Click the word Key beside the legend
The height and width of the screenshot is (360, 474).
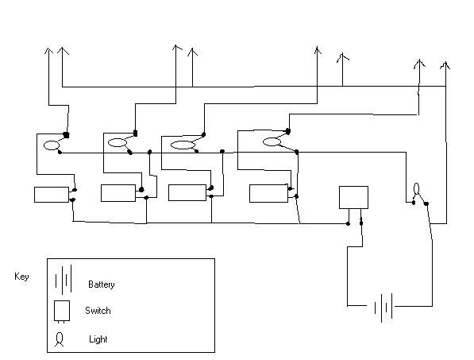pyautogui.click(x=21, y=277)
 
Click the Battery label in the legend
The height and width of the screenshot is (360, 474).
pyautogui.click(x=102, y=285)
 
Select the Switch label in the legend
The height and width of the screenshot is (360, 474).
pyautogui.click(x=98, y=311)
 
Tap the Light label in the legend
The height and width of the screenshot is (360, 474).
pyautogui.click(x=98, y=339)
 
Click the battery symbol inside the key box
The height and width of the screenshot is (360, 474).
pyautogui.click(x=64, y=280)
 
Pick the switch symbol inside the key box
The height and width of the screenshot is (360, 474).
pyautogui.click(x=62, y=312)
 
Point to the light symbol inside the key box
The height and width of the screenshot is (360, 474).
pyautogui.click(x=60, y=339)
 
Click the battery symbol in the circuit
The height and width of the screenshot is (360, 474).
pyautogui.click(x=384, y=308)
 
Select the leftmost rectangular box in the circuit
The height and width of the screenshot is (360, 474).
pyautogui.click(x=52, y=195)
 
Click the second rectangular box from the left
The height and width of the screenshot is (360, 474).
pyautogui.click(x=118, y=193)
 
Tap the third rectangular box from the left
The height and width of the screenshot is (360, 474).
pyautogui.click(x=187, y=192)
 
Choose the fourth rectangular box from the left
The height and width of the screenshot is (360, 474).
pyautogui.click(x=268, y=193)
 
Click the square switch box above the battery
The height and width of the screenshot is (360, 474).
pyautogui.click(x=353, y=197)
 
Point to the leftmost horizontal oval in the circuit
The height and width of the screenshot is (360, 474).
pyautogui.click(x=52, y=145)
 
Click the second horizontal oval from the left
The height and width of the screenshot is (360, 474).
pyautogui.click(x=118, y=143)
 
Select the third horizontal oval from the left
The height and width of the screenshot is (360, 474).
pyautogui.click(x=183, y=145)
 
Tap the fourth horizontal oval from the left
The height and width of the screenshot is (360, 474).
pyautogui.click(x=272, y=141)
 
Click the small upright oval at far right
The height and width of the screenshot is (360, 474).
pyautogui.click(x=417, y=189)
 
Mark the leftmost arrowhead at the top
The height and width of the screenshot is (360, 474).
pyautogui.click(x=48, y=51)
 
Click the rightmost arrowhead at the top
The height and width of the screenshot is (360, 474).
pyautogui.click(x=445, y=65)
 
